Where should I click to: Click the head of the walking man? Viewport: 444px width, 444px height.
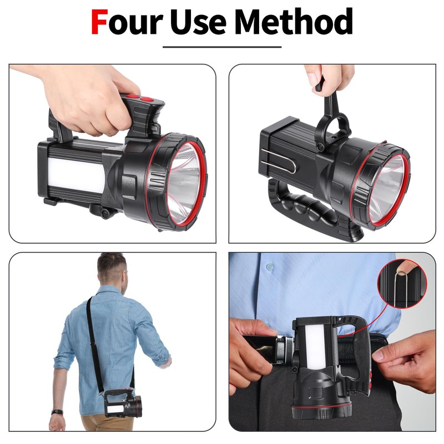tap(112, 270)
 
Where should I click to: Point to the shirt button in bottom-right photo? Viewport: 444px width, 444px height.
tap(270, 268)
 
